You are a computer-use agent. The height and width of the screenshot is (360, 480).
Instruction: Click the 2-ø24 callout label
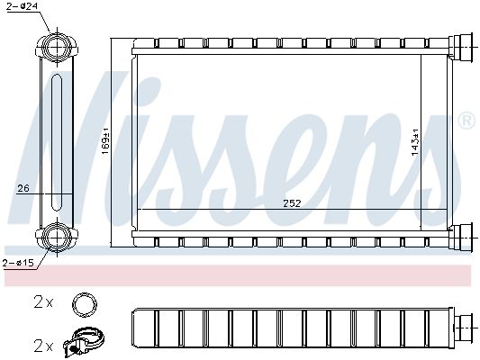pos(22,5)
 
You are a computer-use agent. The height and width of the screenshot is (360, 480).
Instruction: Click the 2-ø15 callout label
pos(18,263)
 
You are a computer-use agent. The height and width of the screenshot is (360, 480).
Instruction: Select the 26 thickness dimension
pos(23,188)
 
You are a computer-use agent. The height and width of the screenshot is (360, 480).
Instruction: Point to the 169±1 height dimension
pos(105,142)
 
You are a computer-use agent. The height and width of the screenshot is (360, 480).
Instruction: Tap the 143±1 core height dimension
pos(415,142)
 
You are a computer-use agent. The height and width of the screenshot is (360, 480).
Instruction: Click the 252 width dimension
pos(292,203)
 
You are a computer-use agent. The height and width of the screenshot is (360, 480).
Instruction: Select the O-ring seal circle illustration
pos(85,304)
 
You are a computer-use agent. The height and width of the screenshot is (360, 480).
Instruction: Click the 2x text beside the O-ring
pos(43,302)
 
